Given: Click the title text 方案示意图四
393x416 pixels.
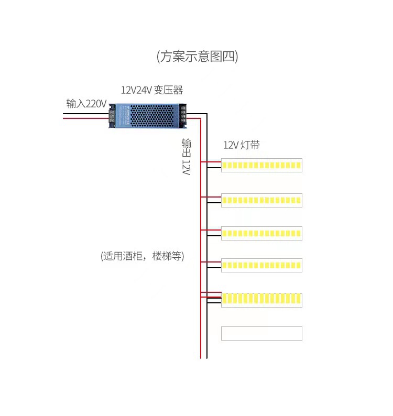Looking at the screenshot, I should pyautogui.click(x=197, y=56).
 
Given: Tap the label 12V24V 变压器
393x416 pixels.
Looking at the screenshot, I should pyautogui.click(x=152, y=90).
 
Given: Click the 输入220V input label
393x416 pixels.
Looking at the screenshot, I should pyautogui.click(x=86, y=103).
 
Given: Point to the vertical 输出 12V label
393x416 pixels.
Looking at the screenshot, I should pyautogui.click(x=187, y=157).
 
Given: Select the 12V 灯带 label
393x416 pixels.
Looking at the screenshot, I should pyautogui.click(x=241, y=145).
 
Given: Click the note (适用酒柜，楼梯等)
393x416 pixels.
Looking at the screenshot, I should pyautogui.click(x=143, y=256).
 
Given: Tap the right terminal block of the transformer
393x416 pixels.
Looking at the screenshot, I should pyautogui.click(x=183, y=115).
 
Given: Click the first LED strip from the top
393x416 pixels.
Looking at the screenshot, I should pyautogui.click(x=261, y=166).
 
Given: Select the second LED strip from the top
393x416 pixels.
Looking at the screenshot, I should pyautogui.click(x=261, y=201).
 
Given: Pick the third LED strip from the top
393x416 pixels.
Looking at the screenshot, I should pyautogui.click(x=261, y=233).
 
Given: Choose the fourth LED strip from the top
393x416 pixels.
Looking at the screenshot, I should pyautogui.click(x=261, y=266).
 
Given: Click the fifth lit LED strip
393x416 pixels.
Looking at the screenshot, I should pyautogui.click(x=261, y=299).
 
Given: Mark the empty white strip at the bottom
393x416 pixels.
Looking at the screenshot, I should pyautogui.click(x=261, y=333).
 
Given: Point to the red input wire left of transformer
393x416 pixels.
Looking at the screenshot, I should pyautogui.click(x=84, y=118).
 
